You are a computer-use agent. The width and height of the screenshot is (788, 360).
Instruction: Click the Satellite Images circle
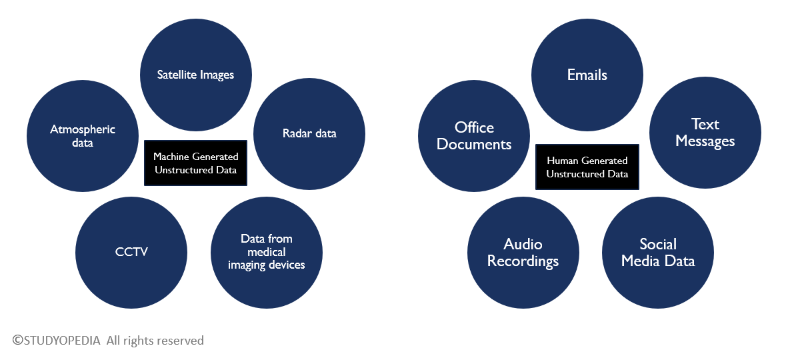tap(195, 74)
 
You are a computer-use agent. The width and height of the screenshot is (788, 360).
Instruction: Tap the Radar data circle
tap(309, 133)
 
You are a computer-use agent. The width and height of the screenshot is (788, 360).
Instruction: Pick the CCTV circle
tap(131, 252)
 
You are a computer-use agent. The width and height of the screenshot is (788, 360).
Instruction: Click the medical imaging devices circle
tap(267, 252)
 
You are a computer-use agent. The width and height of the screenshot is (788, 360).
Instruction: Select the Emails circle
tap(587, 74)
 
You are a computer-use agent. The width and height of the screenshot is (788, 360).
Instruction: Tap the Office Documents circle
tap(474, 136)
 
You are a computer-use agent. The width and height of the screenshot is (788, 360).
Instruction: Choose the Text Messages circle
tap(705, 133)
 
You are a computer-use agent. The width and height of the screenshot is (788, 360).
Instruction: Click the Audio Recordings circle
tap(523, 253)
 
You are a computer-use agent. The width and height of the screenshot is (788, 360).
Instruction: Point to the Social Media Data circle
tap(658, 253)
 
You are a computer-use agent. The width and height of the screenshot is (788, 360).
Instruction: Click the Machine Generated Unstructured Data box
tap(195, 163)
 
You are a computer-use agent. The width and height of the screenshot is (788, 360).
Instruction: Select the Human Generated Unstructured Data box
tap(587, 167)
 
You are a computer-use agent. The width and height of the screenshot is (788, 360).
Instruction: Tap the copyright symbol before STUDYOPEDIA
tap(17, 341)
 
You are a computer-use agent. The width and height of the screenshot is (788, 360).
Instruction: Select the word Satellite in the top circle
tap(176, 75)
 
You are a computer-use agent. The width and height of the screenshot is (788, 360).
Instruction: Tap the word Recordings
tap(523, 261)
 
